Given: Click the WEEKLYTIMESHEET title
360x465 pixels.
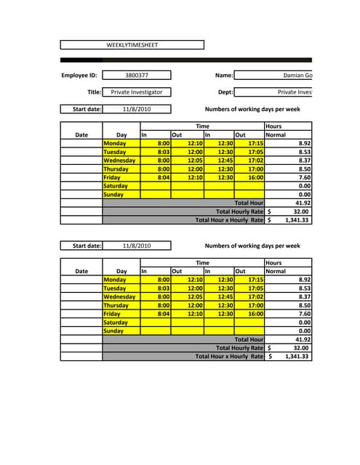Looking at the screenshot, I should (132, 45).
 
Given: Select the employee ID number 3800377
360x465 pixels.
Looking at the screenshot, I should (136, 75).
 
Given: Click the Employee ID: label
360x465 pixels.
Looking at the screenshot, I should (79, 75).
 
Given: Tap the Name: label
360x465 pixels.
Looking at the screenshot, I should (224, 75).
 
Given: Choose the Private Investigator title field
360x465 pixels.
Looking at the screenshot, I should (136, 92).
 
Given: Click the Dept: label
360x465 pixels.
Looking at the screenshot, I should (225, 92).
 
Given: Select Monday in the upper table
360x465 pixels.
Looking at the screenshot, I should (115, 144).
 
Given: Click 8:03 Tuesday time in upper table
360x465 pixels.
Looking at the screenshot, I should (164, 153).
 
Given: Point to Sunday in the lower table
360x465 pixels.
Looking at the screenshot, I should (114, 331).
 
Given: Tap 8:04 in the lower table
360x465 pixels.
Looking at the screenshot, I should (164, 314).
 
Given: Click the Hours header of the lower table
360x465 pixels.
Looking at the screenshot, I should (273, 262).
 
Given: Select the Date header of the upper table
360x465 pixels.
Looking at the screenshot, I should (81, 135).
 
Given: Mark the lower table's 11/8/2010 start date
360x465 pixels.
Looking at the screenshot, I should (136, 246).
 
